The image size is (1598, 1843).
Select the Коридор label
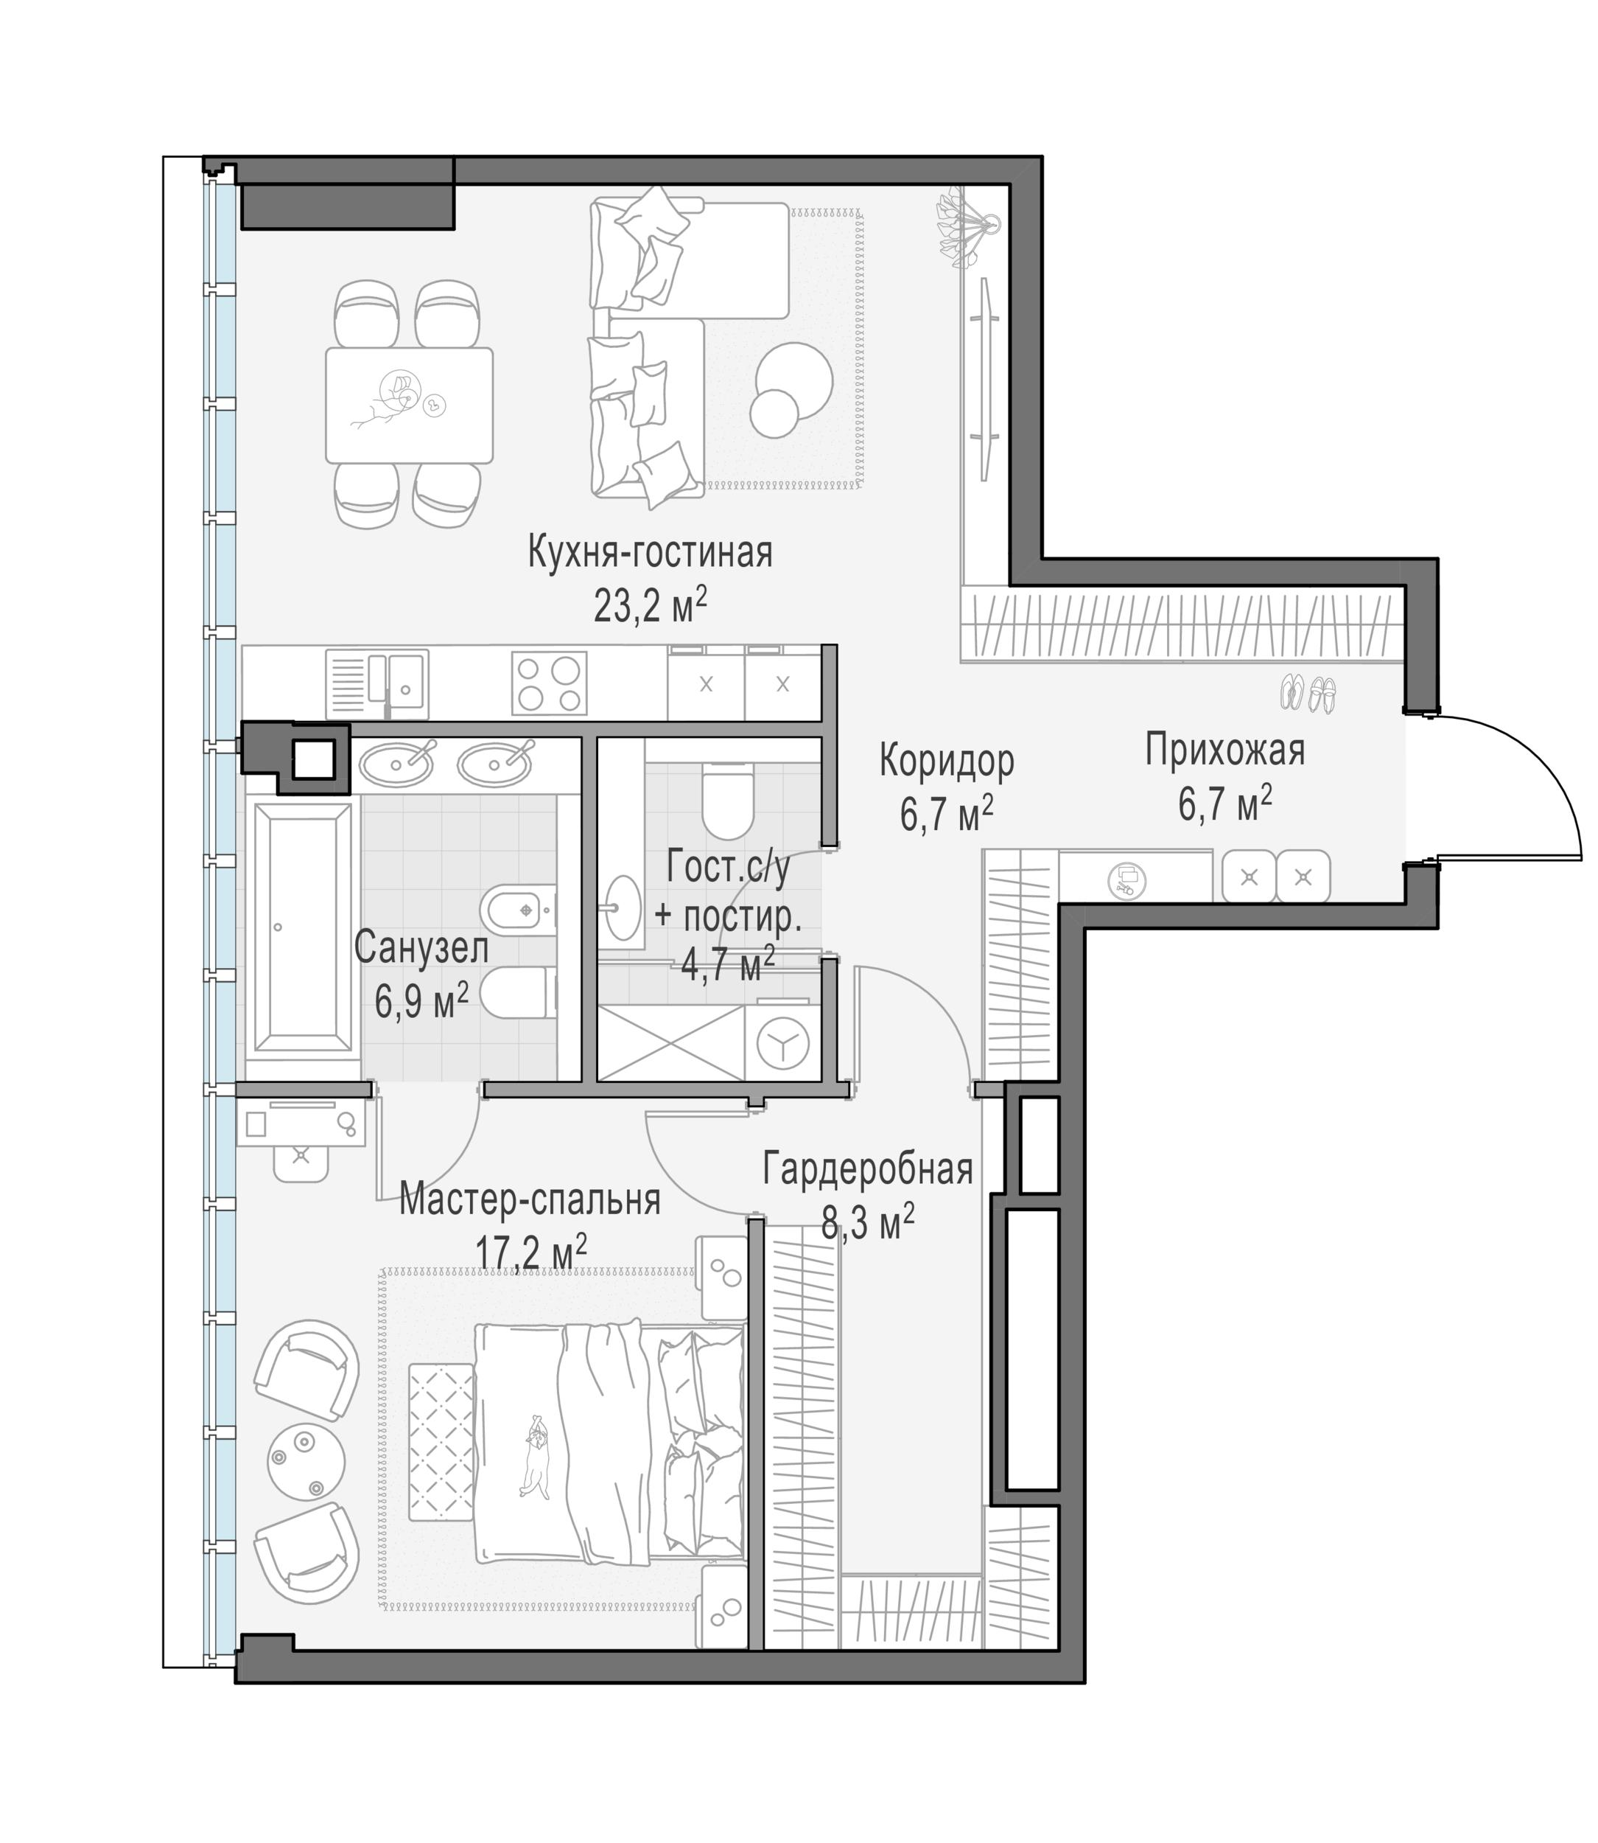point(947,761)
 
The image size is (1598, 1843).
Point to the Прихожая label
point(1224,750)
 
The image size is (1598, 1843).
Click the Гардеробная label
point(868,1168)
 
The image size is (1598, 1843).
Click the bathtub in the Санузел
point(302,927)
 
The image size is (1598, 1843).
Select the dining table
point(410,406)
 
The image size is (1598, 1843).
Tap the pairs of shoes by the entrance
point(1308,693)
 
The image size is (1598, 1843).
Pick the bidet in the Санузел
point(518,910)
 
